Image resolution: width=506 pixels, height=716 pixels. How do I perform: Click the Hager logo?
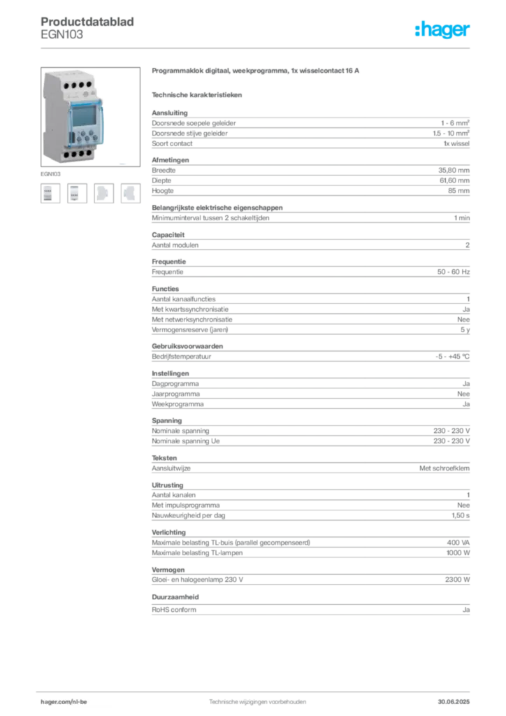(x=442, y=29)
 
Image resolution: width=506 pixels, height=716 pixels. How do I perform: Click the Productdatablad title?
(x=87, y=22)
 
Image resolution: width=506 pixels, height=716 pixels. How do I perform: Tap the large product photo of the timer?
(x=90, y=117)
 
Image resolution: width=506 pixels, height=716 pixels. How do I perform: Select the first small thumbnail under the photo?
(x=50, y=193)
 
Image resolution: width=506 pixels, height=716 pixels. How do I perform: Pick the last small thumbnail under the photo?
(x=131, y=193)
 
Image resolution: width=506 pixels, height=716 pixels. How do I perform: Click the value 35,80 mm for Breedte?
(x=454, y=171)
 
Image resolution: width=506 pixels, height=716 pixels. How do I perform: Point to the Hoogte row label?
(x=162, y=191)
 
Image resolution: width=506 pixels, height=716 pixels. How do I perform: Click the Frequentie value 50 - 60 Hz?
(x=454, y=272)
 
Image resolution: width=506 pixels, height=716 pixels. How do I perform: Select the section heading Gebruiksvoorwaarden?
(x=187, y=346)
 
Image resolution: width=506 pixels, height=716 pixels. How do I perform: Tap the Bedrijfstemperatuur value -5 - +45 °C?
(x=453, y=356)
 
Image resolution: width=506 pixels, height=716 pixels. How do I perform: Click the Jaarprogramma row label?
(x=175, y=394)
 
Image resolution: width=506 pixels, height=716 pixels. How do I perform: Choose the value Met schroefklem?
(x=444, y=468)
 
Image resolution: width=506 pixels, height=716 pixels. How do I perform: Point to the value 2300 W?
(x=458, y=580)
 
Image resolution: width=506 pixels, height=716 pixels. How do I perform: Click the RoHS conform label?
(x=174, y=610)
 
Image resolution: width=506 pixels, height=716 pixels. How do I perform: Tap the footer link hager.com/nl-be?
(x=64, y=701)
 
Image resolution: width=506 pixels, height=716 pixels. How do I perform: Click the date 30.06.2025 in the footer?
(x=454, y=701)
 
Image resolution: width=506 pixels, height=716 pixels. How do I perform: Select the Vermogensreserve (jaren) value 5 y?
(x=465, y=330)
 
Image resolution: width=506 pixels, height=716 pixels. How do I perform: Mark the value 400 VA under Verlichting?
(x=458, y=543)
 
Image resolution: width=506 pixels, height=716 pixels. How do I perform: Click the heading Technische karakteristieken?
(x=196, y=95)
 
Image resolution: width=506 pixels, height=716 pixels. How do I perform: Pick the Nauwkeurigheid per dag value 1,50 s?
(x=461, y=515)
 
